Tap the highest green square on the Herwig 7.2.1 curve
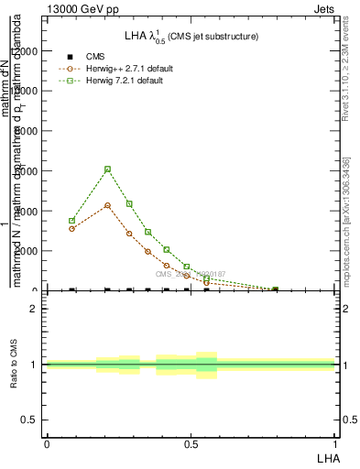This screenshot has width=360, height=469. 107,169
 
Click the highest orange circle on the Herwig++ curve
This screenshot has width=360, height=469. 107,205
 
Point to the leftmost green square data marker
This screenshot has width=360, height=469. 71,220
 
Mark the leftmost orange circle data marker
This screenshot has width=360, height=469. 71,228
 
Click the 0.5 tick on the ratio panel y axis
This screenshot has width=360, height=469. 31,420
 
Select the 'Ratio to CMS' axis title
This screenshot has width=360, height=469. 14,365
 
